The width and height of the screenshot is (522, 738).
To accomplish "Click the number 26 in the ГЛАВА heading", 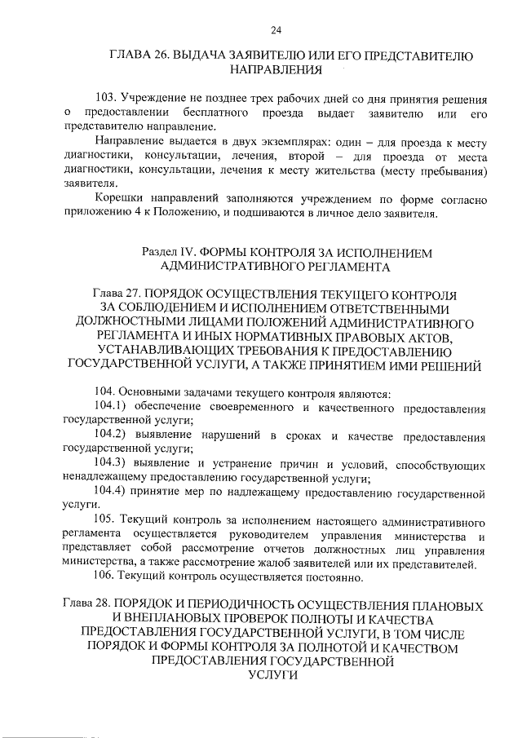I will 160,56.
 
